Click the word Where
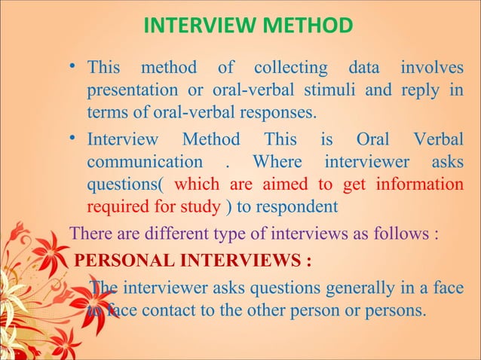point(277,162)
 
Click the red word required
point(117,206)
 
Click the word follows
point(400,231)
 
